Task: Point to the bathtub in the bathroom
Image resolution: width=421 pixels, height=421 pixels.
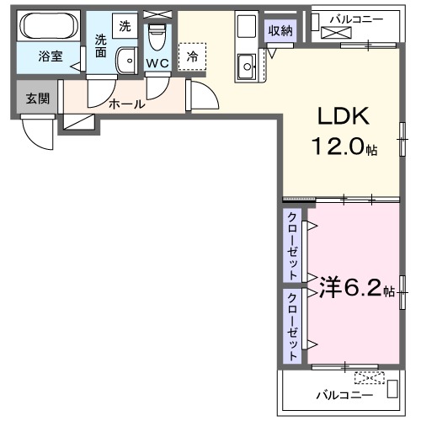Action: [x=49, y=28]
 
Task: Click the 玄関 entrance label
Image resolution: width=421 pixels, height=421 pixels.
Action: [x=37, y=99]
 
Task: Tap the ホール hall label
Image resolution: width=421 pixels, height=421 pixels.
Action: [x=127, y=104]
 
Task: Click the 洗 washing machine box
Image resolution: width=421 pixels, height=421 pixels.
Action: [x=125, y=26]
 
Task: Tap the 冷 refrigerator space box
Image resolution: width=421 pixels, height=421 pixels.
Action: [x=192, y=56]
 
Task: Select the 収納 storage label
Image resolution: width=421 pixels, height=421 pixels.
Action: [x=281, y=31]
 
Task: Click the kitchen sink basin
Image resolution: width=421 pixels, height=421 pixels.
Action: [x=248, y=63]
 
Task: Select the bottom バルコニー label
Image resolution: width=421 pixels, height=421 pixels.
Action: [x=341, y=393]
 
